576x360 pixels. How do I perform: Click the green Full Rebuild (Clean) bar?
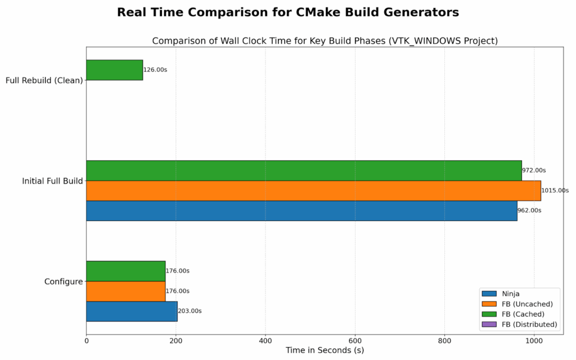[114, 70]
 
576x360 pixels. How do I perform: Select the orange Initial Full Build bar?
[313, 191]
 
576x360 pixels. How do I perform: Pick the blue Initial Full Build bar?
[301, 211]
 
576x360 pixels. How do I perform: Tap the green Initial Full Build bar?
[304, 170]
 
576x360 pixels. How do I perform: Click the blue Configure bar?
[132, 311]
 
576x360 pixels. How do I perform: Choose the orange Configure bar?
[125, 291]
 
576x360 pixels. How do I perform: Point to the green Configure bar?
[125, 271]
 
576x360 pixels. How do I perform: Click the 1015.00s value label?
[555, 191]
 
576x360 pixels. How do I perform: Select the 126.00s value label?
[155, 70]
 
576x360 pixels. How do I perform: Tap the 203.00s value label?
[190, 311]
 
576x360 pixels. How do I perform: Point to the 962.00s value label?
[529, 211]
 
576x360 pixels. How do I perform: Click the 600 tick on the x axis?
[355, 340]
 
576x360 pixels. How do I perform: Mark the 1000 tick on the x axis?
[534, 340]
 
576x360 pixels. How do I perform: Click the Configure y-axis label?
[64, 282]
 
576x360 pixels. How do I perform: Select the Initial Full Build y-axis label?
[52, 181]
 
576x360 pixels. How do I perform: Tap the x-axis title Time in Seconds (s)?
[325, 350]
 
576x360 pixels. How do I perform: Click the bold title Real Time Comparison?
[287, 12]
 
